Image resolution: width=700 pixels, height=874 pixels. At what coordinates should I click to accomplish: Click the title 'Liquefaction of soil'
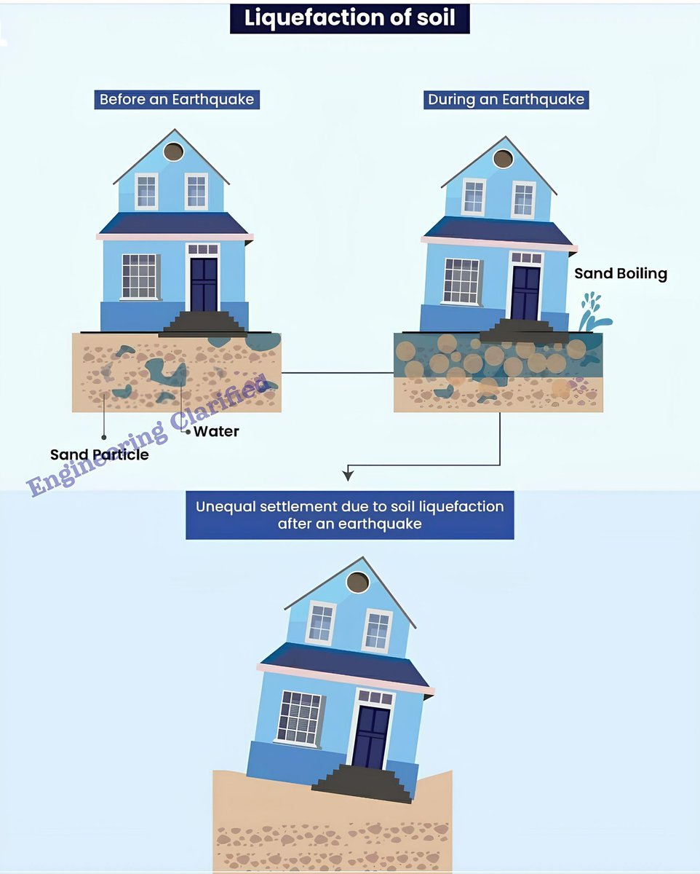[x=349, y=18]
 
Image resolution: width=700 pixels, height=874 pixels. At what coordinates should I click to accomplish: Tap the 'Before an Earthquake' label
[x=177, y=100]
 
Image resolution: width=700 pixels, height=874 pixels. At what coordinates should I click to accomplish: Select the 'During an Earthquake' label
[x=506, y=100]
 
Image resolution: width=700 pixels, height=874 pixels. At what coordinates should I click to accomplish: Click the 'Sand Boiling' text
[x=621, y=274]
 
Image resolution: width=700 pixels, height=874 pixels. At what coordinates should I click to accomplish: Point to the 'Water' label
[x=216, y=431]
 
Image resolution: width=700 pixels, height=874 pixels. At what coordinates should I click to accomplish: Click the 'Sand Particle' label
[x=99, y=454]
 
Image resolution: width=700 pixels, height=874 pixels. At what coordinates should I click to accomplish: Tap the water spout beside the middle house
[x=593, y=313]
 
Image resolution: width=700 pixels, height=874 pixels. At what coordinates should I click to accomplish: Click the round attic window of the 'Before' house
[x=173, y=151]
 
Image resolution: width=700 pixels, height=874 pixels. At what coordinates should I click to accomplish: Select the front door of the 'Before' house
[x=204, y=283]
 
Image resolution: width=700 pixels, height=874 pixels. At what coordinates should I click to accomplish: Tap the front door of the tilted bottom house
[x=371, y=736]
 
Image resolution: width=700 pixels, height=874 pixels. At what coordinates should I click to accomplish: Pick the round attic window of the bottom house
[x=357, y=582]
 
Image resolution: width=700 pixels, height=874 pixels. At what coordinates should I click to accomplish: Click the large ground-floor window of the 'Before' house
[x=139, y=276]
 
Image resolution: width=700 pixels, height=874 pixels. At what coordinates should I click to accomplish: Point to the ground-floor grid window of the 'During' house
[x=461, y=280]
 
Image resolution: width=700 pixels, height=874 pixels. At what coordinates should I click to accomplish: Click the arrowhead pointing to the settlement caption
[x=349, y=475]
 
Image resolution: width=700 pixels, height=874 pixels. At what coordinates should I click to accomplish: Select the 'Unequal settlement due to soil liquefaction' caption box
[x=349, y=515]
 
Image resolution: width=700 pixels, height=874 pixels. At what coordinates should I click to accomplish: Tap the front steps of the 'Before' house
[x=204, y=323]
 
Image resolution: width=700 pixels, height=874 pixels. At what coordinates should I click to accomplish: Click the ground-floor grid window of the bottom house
[x=298, y=717]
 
